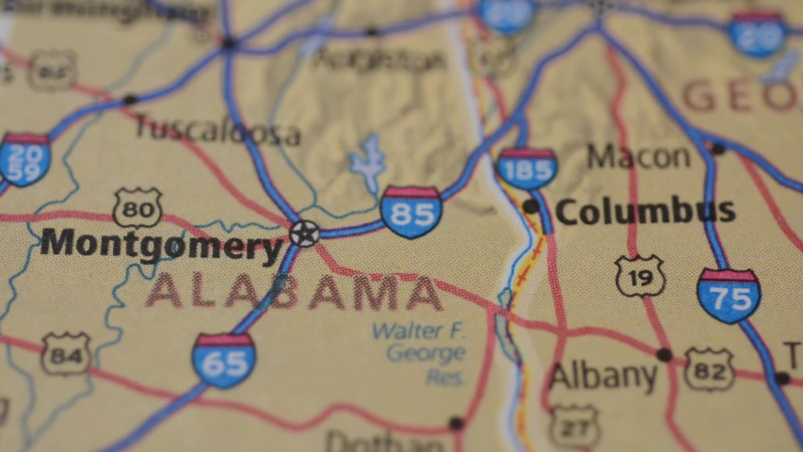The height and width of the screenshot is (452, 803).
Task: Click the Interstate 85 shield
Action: (x=411, y=212)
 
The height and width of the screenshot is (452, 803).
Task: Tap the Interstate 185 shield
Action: (x=526, y=169)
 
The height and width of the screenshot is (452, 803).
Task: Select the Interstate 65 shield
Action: (x=223, y=361)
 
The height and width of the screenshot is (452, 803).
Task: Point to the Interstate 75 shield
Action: (x=728, y=296)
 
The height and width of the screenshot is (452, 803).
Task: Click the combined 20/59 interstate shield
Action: (x=24, y=159)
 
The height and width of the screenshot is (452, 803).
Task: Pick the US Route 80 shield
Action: (x=137, y=207)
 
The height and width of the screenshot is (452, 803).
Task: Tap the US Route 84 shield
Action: (x=66, y=354)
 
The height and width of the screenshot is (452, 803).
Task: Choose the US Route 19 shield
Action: (x=640, y=276)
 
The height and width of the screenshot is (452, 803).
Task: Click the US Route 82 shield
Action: (x=708, y=368)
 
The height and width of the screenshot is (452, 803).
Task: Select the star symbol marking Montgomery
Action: (x=304, y=233)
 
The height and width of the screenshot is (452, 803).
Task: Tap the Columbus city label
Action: (x=646, y=211)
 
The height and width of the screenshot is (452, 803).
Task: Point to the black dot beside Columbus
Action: (x=531, y=206)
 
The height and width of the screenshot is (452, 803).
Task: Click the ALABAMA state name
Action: (x=294, y=293)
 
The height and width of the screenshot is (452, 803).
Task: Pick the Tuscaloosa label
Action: (x=217, y=130)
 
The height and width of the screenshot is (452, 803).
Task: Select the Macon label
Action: (x=638, y=156)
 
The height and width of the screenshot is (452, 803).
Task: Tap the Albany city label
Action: (x=602, y=376)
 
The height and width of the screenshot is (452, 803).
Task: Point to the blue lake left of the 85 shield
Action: (x=368, y=163)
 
